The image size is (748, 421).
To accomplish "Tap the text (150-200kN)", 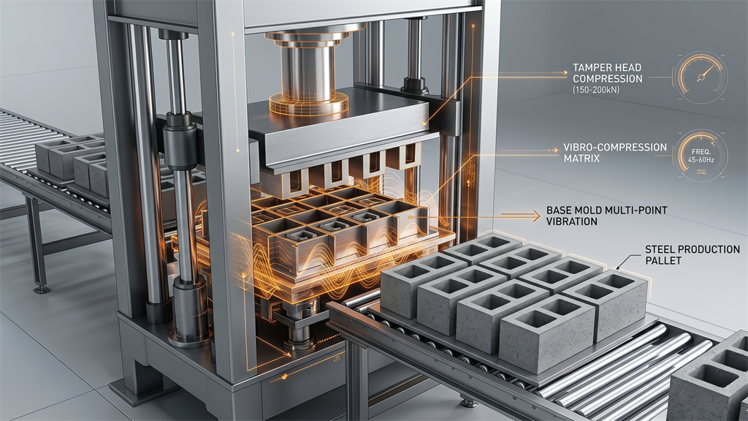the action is (x=596, y=89).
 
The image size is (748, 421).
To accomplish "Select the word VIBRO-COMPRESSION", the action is (x=615, y=147).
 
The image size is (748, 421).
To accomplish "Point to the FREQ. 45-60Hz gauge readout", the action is (x=703, y=156).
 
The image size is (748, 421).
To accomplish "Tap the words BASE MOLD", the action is (x=574, y=210).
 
